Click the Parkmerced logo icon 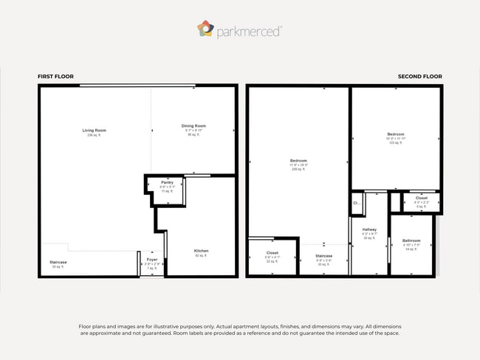point(205,29)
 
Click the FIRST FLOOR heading point(56,77)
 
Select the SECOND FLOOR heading point(419,77)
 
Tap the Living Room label point(94,131)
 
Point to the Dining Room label point(193,126)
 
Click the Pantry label point(167,182)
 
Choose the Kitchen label point(201,251)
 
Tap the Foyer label point(152,260)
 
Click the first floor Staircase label point(58,262)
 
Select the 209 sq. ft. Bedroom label point(298,162)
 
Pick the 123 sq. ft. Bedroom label point(395,134)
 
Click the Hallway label point(369,229)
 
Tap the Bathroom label point(411,240)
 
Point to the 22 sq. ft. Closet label point(272,253)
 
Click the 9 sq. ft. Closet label point(421,198)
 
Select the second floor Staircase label point(324,256)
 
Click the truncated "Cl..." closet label point(357,203)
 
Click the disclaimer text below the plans point(239,329)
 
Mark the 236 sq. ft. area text point(94,136)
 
